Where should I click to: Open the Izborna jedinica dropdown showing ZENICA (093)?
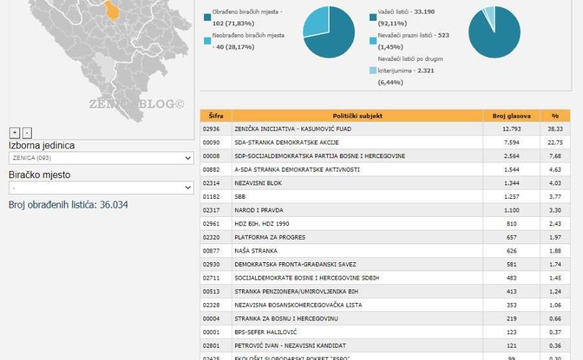101,158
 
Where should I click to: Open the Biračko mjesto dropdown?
101,188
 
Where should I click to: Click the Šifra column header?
216,116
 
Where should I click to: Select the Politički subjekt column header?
358,116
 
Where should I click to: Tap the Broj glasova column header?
512,116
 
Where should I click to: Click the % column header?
555,116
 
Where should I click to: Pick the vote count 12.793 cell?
512,129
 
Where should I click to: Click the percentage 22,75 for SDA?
555,142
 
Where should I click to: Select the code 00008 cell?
216,156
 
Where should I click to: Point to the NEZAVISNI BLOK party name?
258,183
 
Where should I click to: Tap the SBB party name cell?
240,197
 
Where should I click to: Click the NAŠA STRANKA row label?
256,251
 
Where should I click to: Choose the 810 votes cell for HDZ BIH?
512,223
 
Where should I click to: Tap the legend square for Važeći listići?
372,17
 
